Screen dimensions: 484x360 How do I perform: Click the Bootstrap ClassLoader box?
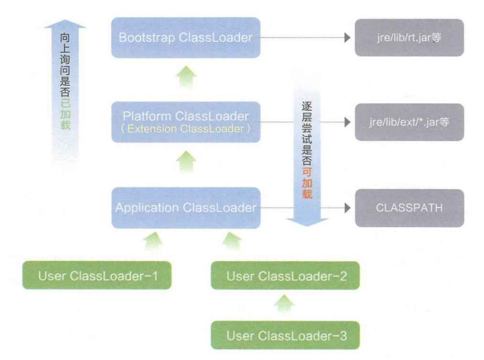coord(186,38)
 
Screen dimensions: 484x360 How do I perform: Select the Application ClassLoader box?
coord(186,208)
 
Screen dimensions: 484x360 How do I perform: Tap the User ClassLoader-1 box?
coord(97,275)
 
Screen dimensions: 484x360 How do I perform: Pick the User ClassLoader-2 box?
coord(285,275)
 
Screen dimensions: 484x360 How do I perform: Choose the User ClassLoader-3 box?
coord(285,335)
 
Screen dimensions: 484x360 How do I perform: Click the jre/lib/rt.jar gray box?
coord(409,38)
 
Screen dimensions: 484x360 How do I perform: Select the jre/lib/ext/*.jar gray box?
coord(409,122)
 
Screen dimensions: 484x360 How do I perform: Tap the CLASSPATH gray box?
coord(409,208)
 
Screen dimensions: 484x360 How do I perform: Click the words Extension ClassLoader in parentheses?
coord(186,129)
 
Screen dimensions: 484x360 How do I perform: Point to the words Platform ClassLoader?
coord(186,116)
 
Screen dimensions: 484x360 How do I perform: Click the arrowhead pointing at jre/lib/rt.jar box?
coord(347,38)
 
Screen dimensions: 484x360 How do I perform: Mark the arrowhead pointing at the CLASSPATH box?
coord(347,208)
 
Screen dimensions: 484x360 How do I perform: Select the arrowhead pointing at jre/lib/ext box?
coord(347,122)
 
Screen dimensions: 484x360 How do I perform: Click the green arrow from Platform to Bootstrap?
coord(186,77)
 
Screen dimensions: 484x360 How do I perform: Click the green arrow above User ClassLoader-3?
coord(284,303)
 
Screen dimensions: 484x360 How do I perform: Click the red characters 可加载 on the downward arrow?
coord(307,183)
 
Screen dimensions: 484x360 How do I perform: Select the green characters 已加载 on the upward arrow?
coord(65,114)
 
